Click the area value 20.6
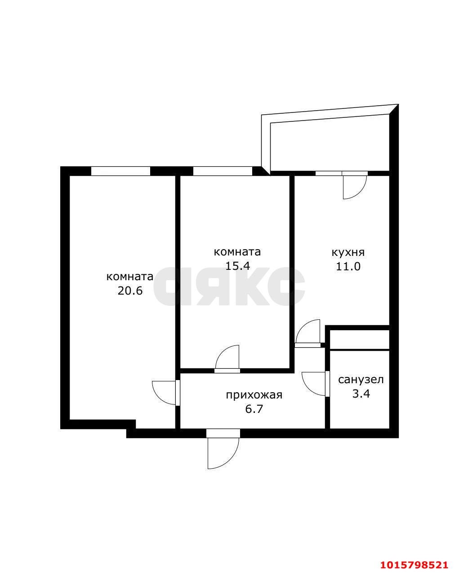[130, 291]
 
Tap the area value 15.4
[237, 266]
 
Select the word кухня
[348, 252]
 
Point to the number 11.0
[348, 266]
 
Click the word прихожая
[254, 395]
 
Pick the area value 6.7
[254, 409]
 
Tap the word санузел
[361, 380]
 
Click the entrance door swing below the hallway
[222, 452]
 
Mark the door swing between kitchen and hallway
[308, 332]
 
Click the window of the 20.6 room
[120, 171]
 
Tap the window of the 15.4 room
[223, 171]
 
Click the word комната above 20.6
[130, 276]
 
